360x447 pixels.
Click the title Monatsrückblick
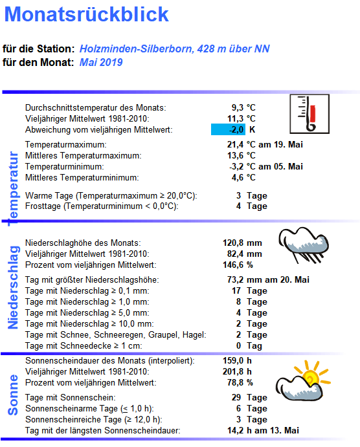(x=86, y=14)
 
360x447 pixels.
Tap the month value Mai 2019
(x=101, y=63)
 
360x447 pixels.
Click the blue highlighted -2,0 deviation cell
(x=228, y=129)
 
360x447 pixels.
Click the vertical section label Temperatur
(x=12, y=188)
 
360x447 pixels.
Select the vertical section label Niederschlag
(x=12, y=287)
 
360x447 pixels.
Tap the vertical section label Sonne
(x=13, y=394)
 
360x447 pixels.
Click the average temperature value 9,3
(x=236, y=107)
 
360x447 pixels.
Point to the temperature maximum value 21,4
(x=232, y=144)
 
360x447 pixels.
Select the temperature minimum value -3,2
(x=232, y=166)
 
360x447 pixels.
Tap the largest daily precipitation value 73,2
(x=234, y=280)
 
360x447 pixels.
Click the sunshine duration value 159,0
(x=232, y=360)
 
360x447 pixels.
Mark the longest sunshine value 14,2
(x=234, y=430)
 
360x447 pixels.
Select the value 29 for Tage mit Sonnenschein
(x=236, y=397)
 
